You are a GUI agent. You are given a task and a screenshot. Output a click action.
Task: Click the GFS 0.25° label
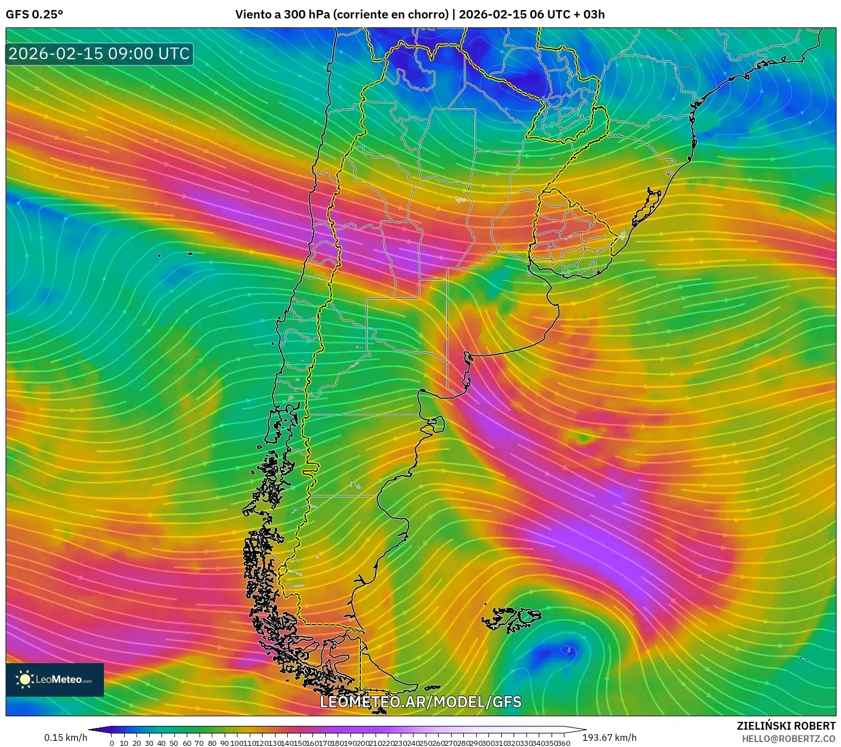click(x=34, y=14)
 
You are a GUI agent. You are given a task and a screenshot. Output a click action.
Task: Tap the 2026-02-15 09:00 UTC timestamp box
click(x=99, y=54)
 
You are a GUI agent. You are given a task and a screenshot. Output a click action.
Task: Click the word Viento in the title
click(x=253, y=14)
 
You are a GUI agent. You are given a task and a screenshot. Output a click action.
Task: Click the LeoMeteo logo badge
click(x=55, y=679)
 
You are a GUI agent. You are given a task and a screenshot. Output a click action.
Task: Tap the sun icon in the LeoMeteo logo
click(x=25, y=679)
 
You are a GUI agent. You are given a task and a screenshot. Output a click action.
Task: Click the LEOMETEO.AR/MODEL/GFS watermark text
click(x=420, y=702)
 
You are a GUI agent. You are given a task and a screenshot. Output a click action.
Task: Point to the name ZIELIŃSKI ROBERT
click(x=786, y=726)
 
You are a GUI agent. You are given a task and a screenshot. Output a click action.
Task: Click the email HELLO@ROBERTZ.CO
click(x=788, y=739)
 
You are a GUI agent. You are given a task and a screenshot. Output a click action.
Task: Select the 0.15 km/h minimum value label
click(x=66, y=738)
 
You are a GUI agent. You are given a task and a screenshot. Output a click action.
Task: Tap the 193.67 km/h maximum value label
click(x=609, y=738)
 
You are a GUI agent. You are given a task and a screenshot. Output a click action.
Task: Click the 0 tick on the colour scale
click(x=112, y=743)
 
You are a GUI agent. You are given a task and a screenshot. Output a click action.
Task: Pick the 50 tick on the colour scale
click(x=174, y=743)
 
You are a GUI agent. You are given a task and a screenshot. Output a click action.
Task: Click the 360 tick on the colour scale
click(x=564, y=743)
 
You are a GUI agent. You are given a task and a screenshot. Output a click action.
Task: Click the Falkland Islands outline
click(x=513, y=618)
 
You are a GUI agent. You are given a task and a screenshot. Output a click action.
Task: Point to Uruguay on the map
click(x=570, y=235)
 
